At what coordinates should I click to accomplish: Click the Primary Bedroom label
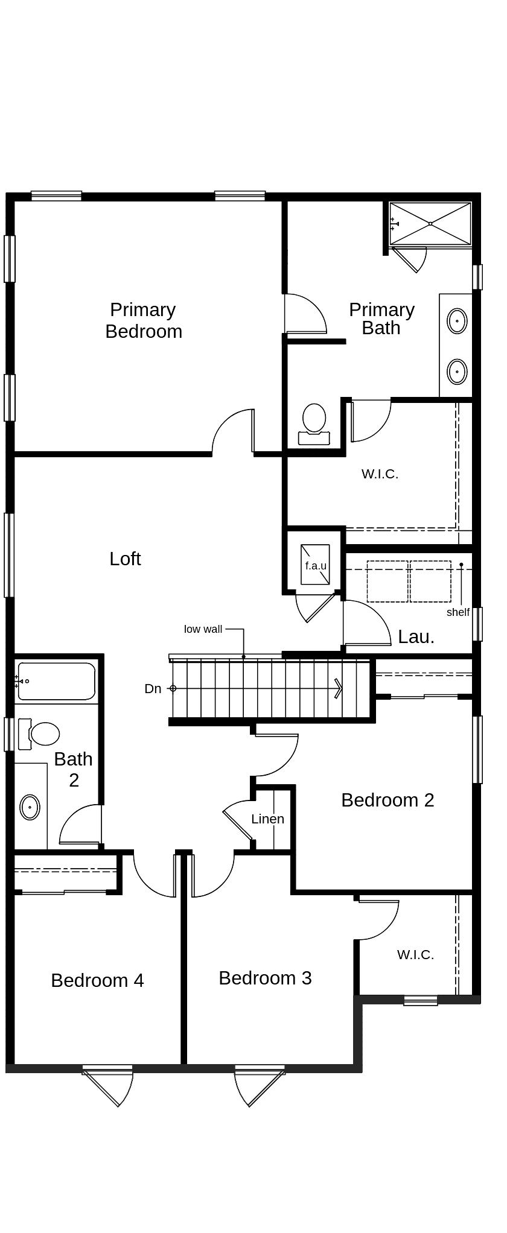[144, 320]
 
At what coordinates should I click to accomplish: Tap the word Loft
[125, 559]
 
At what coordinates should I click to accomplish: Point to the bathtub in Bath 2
[57, 681]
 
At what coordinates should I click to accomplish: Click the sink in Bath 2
[30, 807]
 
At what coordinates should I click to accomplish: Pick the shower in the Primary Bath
[430, 224]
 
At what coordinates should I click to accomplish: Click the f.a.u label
[316, 566]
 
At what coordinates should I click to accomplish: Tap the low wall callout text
[203, 629]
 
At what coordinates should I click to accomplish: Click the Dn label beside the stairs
[153, 688]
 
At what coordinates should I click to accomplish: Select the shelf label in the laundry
[458, 612]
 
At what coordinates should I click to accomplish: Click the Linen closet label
[267, 819]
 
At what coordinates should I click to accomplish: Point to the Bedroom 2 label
[387, 800]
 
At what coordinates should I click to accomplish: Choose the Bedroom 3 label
[265, 978]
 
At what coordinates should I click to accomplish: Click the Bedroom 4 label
[97, 980]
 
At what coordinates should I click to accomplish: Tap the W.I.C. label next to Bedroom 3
[415, 955]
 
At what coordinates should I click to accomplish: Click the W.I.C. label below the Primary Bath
[380, 474]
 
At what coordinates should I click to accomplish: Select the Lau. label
[416, 636]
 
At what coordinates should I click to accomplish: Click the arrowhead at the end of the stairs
[339, 688]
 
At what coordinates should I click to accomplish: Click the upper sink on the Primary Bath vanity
[457, 320]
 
